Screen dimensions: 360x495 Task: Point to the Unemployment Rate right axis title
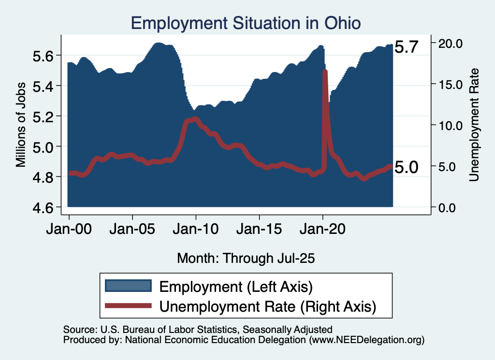click(x=474, y=125)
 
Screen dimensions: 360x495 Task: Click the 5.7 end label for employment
click(x=406, y=47)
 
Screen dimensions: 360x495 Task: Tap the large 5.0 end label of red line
click(x=406, y=167)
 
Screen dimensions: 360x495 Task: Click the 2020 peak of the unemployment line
click(x=325, y=72)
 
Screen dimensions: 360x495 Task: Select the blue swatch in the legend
click(x=128, y=287)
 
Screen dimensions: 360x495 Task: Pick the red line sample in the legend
click(x=128, y=306)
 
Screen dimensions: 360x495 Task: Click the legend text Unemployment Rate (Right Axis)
click(x=267, y=306)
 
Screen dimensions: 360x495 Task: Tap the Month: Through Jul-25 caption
click(x=246, y=258)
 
